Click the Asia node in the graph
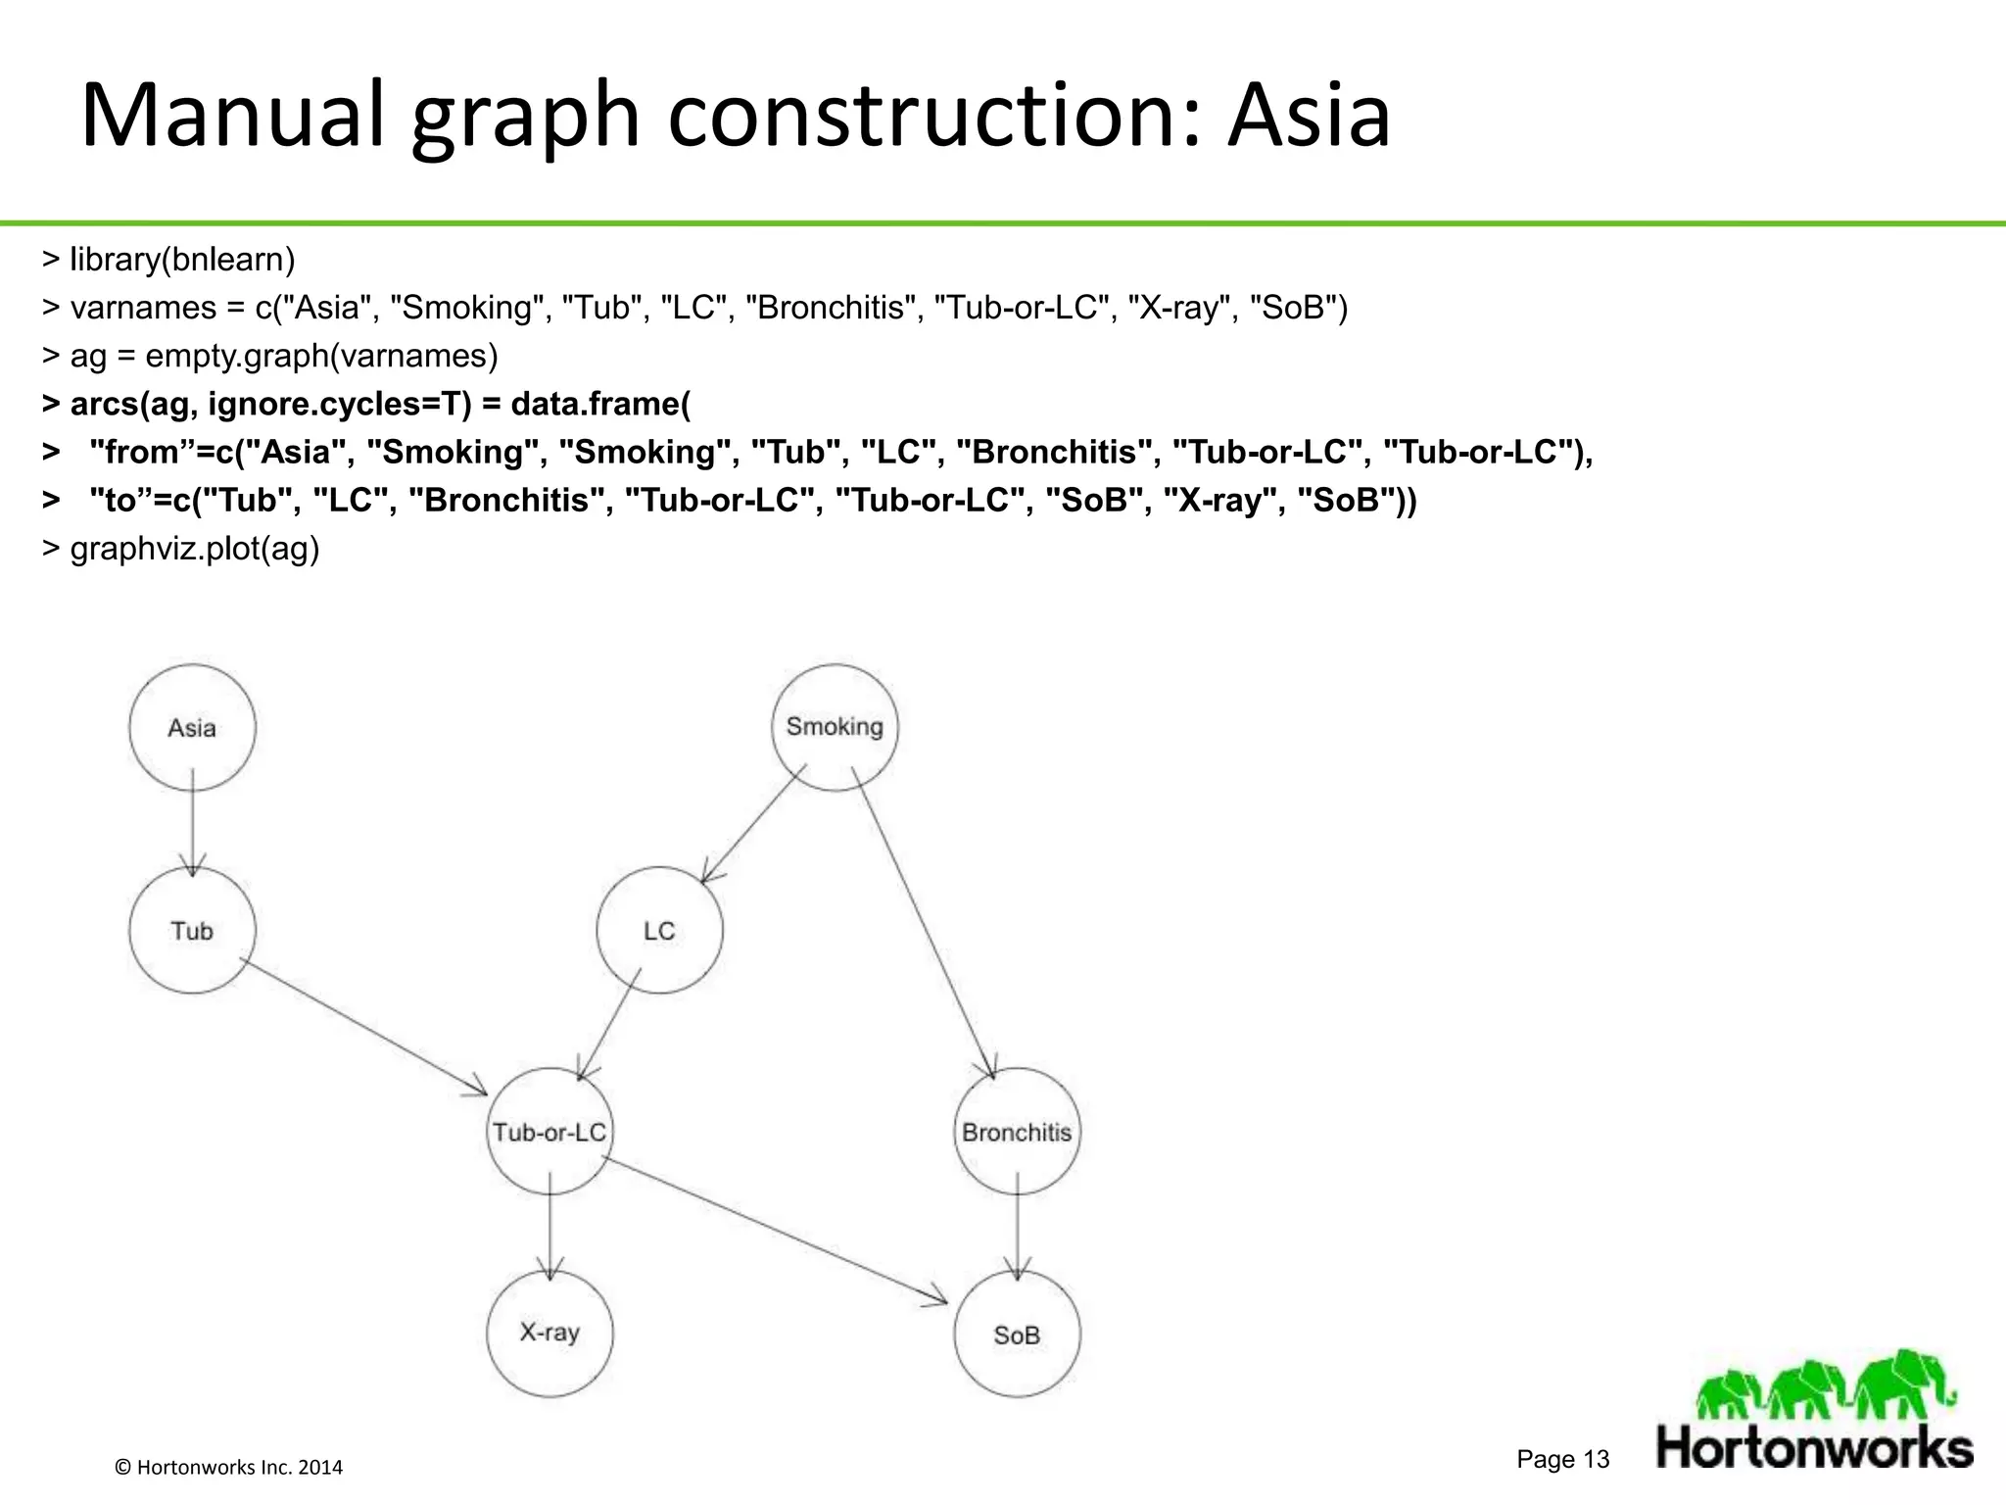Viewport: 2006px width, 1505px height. click(192, 728)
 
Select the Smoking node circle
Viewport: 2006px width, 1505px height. click(835, 727)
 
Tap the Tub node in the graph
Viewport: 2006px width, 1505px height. click(192, 930)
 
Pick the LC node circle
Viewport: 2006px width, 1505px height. click(659, 930)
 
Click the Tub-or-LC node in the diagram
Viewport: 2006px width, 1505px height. click(549, 1132)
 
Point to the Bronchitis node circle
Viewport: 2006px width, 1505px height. click(1017, 1132)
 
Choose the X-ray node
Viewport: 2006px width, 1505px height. click(549, 1333)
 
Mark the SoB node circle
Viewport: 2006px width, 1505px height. click(1017, 1335)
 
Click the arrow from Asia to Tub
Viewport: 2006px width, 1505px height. click(192, 823)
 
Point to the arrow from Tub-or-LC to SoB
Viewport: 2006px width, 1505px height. click(774, 1231)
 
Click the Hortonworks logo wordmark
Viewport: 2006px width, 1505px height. click(1814, 1447)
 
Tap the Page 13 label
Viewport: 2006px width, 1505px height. click(1562, 1459)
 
